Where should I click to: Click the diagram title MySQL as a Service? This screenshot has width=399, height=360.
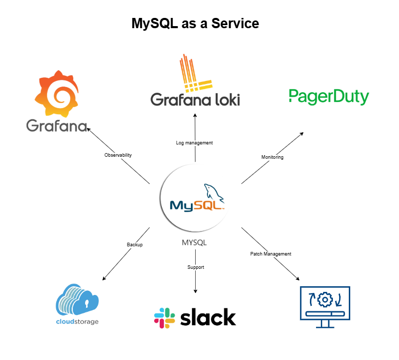pyautogui.click(x=195, y=24)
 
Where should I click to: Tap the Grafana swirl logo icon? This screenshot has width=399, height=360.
pyautogui.click(x=57, y=93)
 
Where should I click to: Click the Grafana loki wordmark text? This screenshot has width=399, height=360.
pyautogui.click(x=195, y=98)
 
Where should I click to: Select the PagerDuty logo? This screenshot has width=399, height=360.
pyautogui.click(x=328, y=97)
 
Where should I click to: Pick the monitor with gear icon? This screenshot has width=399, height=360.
pyautogui.click(x=324, y=306)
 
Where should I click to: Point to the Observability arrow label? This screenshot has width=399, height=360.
pyautogui.click(x=118, y=155)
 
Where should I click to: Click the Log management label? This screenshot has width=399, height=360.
pyautogui.click(x=194, y=143)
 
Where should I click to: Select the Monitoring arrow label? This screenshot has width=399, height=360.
pyautogui.click(x=272, y=157)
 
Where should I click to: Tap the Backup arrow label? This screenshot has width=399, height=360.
pyautogui.click(x=135, y=245)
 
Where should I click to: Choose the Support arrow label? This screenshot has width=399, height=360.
pyautogui.click(x=195, y=267)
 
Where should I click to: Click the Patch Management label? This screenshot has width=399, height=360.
pyautogui.click(x=270, y=254)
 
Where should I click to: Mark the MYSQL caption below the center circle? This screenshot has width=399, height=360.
pyautogui.click(x=194, y=242)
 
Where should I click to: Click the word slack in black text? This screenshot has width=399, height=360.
pyautogui.click(x=208, y=317)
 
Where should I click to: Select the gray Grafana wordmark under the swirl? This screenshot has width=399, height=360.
pyautogui.click(x=57, y=125)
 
